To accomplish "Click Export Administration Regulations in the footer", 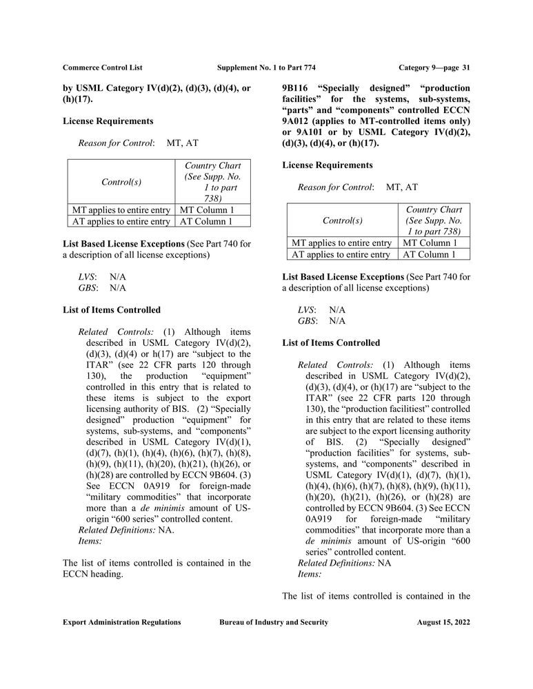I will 122,622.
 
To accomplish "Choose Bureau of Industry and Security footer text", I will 274,622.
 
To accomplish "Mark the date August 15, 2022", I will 443,622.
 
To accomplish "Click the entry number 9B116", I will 297,88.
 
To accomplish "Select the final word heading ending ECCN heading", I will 105,573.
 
